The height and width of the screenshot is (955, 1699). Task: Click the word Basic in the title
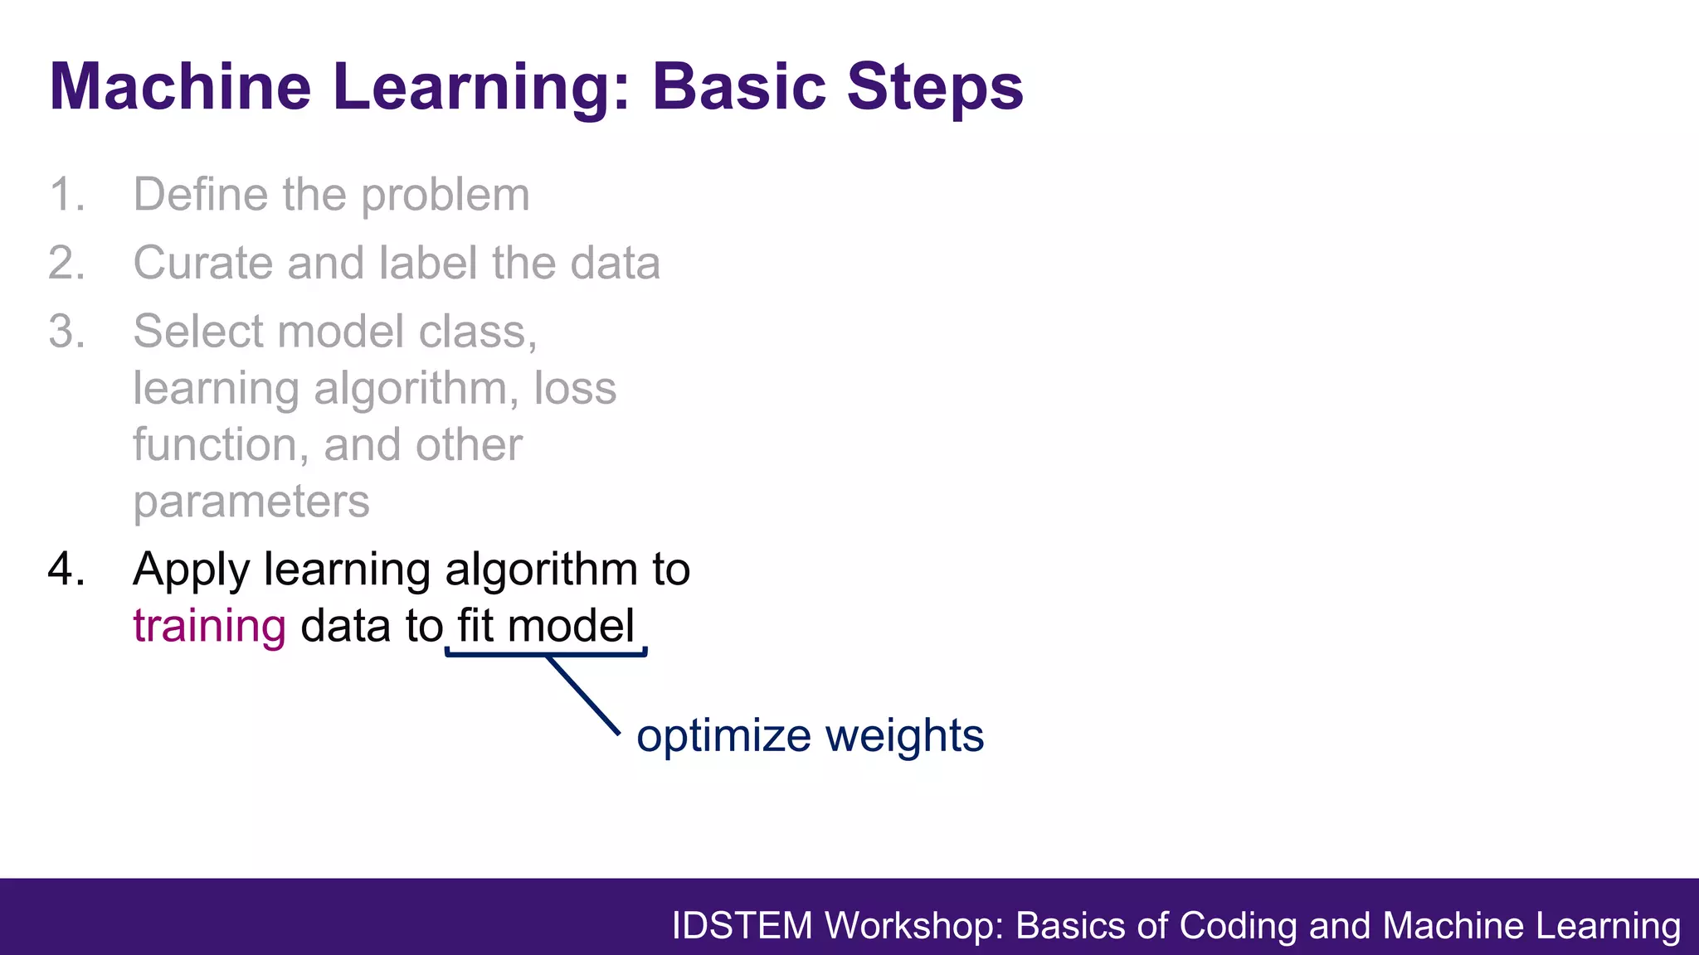[739, 86]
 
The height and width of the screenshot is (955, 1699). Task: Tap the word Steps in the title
[935, 86]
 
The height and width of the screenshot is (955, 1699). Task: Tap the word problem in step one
[445, 196]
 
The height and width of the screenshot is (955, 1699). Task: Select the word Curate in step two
[203, 264]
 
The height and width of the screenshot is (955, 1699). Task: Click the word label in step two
[428, 264]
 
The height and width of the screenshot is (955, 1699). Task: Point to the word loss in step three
[575, 388]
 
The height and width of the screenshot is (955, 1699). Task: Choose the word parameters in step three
[251, 502]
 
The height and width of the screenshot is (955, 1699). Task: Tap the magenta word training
[209, 627]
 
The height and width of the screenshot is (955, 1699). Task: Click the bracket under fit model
[498, 655]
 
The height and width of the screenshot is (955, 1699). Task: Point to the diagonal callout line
[583, 696]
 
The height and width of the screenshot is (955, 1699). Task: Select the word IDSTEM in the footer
[742, 926]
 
